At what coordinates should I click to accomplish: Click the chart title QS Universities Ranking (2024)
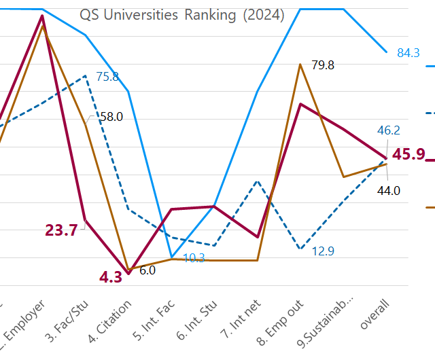[181, 15]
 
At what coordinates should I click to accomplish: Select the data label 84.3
[408, 53]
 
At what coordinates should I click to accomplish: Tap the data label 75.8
[107, 77]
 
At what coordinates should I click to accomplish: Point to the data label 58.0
[111, 117]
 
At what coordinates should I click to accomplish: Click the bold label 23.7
[61, 230]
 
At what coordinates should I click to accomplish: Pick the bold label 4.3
[111, 277]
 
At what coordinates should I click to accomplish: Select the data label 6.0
[147, 270]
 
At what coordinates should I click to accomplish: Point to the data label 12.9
[323, 251]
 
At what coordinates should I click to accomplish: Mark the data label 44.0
[389, 191]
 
